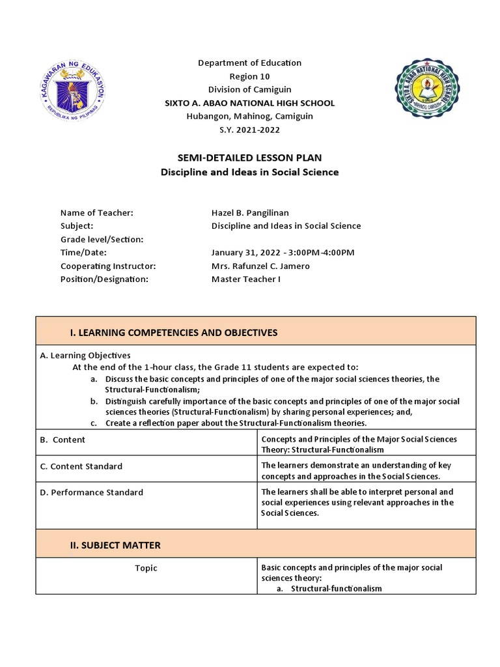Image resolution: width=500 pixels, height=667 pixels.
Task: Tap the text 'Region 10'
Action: (249, 76)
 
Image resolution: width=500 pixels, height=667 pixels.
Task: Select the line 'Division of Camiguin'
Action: (249, 89)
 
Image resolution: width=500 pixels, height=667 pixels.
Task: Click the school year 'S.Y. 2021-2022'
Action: (249, 130)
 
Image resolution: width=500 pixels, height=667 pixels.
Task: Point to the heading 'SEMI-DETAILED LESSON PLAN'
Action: (249, 158)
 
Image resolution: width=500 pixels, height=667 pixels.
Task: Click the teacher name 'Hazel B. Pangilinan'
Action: (251, 213)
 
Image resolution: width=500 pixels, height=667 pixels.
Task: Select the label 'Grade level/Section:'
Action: (102, 239)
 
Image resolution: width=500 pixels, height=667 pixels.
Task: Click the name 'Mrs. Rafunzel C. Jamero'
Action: (260, 266)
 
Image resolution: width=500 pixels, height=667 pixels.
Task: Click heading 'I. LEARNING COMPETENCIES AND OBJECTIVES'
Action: (173, 333)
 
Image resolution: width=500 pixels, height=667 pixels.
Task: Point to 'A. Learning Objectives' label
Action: (85, 356)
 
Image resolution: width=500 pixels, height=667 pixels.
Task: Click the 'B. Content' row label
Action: (62, 440)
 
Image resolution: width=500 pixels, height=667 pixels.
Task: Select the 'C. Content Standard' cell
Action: (81, 466)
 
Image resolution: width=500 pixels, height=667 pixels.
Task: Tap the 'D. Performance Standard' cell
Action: (92, 492)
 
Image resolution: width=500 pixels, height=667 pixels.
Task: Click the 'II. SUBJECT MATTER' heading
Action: (115, 545)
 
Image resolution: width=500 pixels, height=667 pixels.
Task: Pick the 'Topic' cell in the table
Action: (146, 568)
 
